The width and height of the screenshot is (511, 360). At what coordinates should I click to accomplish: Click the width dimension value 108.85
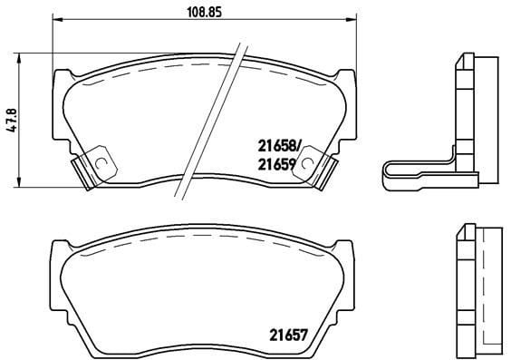click(205, 12)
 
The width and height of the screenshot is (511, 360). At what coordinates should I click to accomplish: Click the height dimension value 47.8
click(12, 120)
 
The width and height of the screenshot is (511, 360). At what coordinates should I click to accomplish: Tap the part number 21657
click(288, 335)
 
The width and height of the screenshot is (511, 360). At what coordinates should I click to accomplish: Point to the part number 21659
click(276, 165)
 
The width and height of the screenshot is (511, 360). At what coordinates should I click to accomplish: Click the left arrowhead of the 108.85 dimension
click(57, 20)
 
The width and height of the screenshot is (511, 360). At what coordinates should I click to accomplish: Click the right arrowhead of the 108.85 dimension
click(352, 20)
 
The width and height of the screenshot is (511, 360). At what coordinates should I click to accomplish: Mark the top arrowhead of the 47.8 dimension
click(20, 58)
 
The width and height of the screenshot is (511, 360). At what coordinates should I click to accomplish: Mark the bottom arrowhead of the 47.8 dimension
click(20, 182)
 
